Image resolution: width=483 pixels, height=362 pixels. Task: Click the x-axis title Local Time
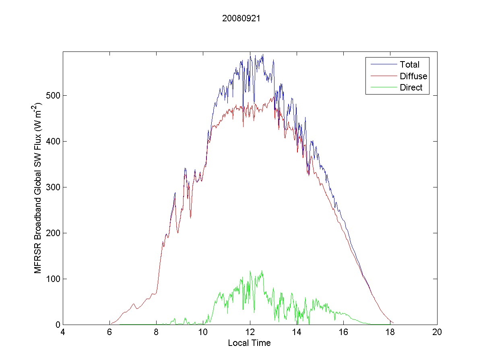coord(249,343)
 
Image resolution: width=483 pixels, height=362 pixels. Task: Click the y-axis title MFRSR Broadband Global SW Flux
coord(39,188)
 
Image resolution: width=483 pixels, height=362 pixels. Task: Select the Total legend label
coord(409,64)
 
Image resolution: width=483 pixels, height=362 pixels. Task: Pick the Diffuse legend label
coord(413,76)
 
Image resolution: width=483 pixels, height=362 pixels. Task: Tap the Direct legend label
coord(411,88)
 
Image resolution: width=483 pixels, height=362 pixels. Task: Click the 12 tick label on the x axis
coord(250,333)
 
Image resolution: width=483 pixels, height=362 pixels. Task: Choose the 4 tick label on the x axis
coord(63,333)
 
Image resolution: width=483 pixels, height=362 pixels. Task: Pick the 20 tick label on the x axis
coord(437,333)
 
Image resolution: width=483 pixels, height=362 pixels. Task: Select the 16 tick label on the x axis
coord(343,333)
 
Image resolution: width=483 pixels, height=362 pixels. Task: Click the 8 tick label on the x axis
coord(157,333)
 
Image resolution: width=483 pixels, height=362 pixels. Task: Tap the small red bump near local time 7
coord(133,304)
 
